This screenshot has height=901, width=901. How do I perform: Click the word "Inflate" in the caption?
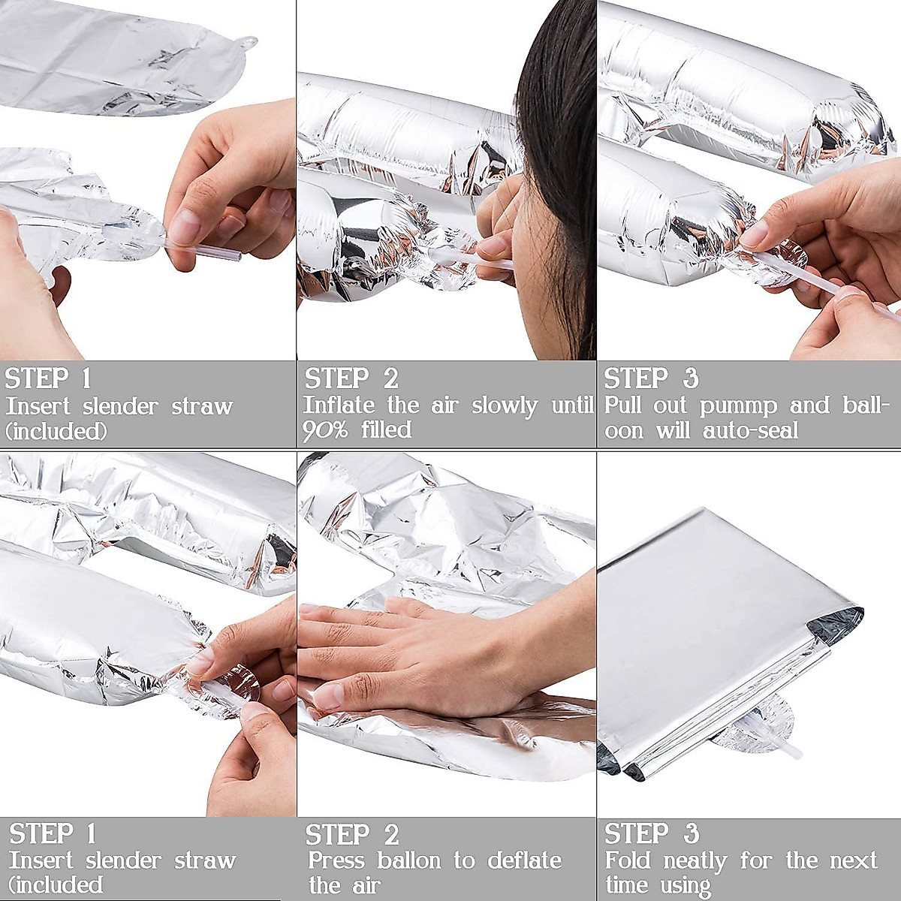point(339,405)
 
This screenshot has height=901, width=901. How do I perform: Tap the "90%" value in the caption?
point(325,430)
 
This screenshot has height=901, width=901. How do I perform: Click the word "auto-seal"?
point(750,430)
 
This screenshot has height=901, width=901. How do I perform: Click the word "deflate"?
point(524,860)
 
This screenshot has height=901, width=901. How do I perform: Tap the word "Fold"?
point(627,860)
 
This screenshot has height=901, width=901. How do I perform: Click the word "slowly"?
point(505,406)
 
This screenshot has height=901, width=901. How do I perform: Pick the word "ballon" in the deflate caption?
point(408,860)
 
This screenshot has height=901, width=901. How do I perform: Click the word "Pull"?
point(622,405)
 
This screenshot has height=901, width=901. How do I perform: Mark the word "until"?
point(573,405)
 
